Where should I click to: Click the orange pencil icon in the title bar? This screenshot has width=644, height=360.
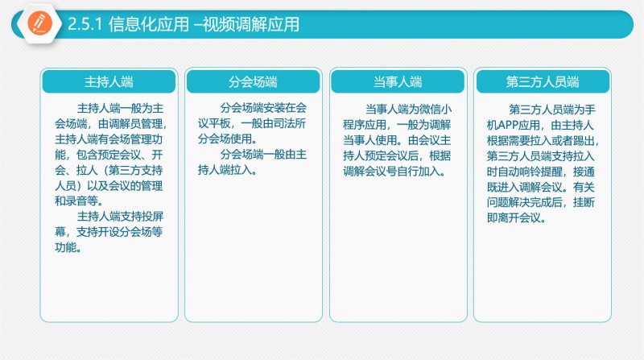click(40, 23)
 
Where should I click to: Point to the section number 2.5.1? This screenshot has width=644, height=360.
click(85, 24)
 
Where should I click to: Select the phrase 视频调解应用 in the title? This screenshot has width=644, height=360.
click(251, 25)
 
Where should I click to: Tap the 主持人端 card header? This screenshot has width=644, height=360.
click(109, 81)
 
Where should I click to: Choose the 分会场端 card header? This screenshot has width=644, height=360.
click(253, 81)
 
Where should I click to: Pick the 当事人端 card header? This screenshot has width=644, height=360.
click(398, 81)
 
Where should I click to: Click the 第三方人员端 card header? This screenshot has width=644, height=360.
click(543, 81)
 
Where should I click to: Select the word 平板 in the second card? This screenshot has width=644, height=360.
click(219, 123)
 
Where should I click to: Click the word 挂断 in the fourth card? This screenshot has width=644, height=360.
click(584, 202)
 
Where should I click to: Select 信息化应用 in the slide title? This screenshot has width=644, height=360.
click(149, 25)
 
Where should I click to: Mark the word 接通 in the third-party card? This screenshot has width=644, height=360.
click(584, 172)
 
